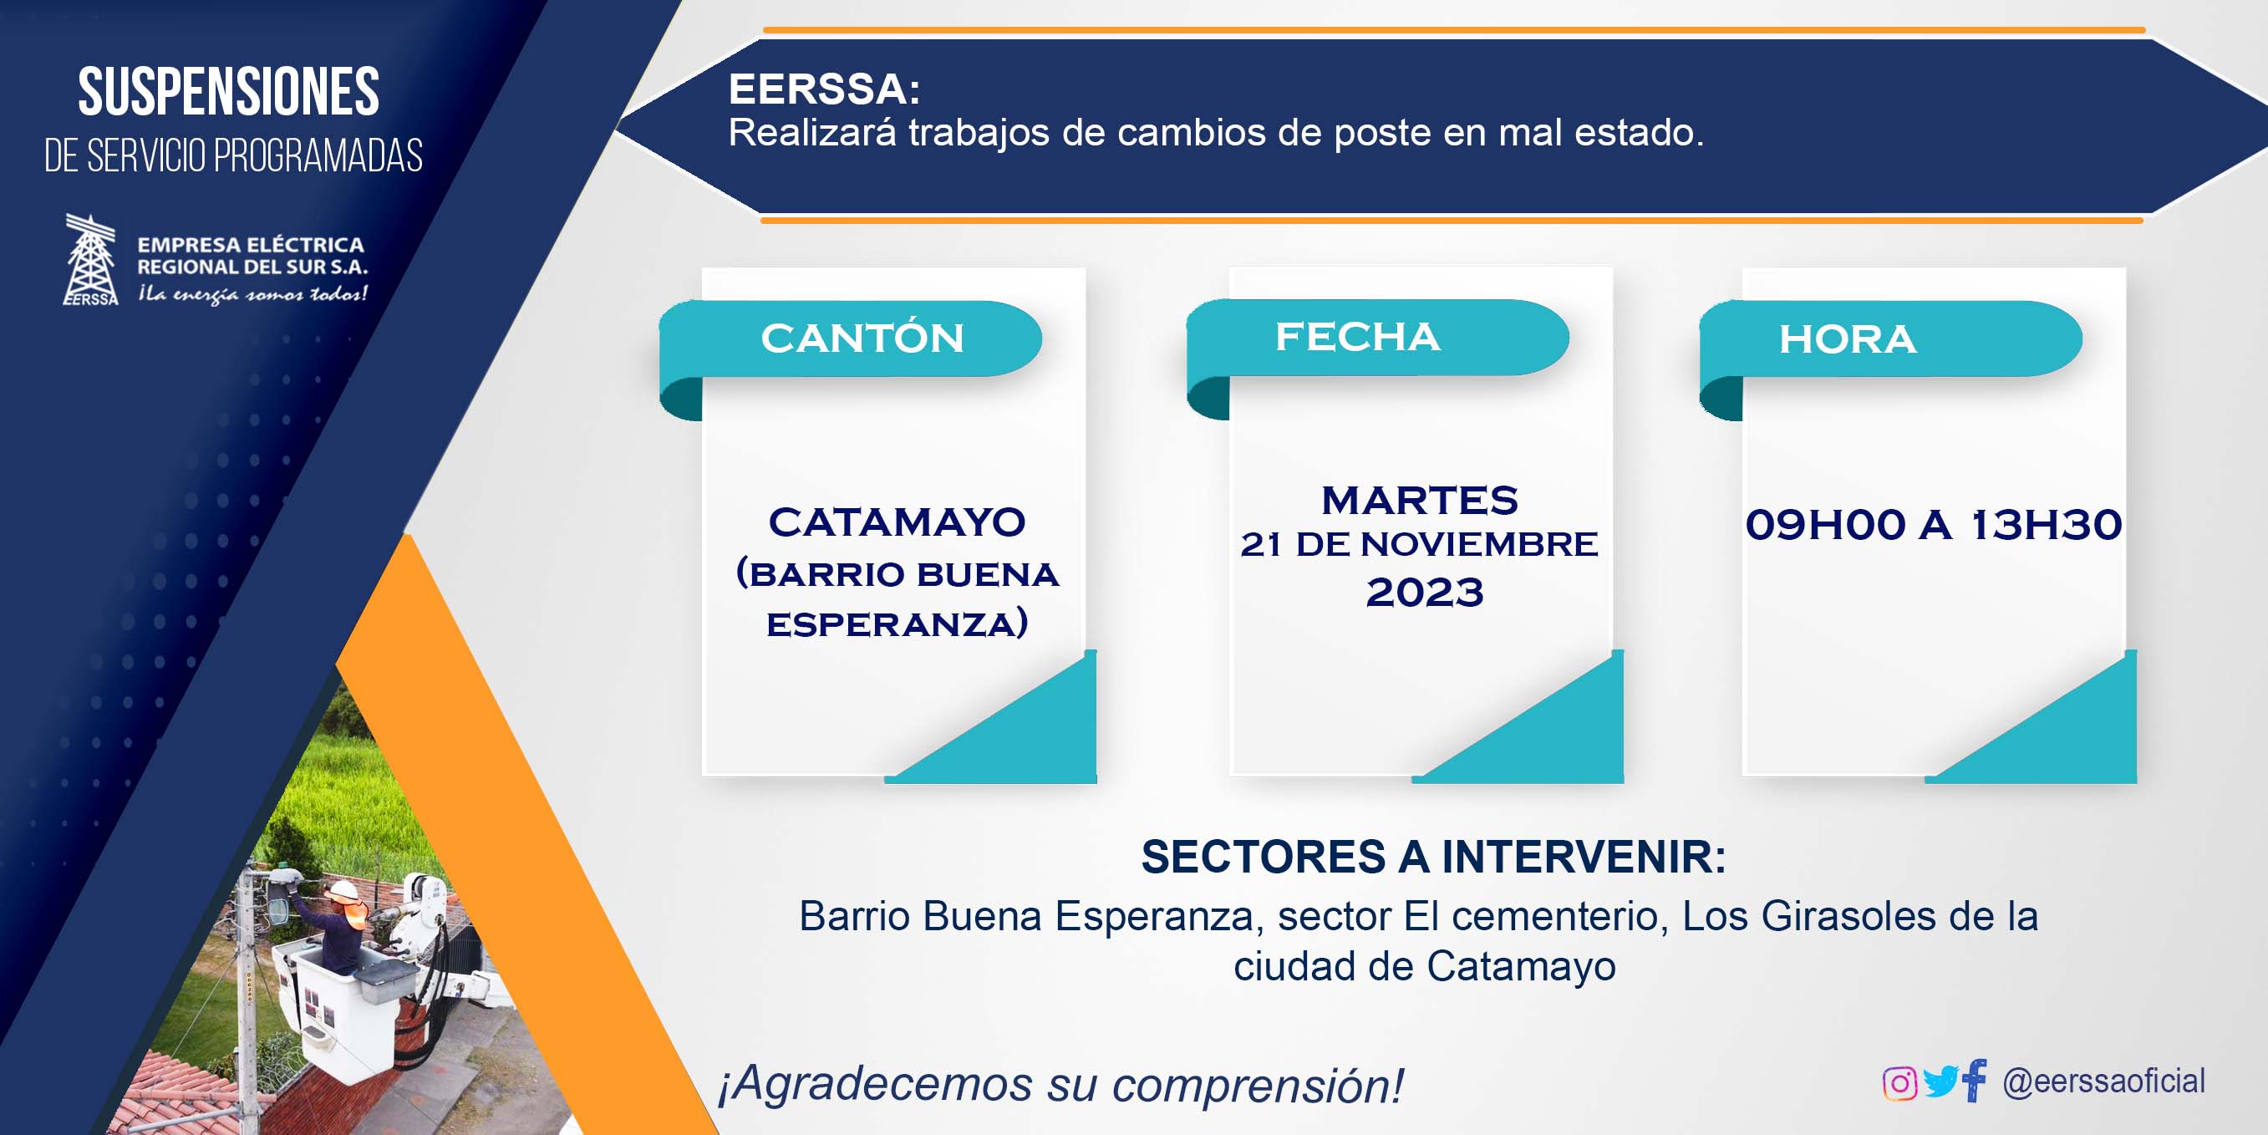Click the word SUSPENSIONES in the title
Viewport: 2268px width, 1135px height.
coord(229,93)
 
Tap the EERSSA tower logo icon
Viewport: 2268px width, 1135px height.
coord(91,260)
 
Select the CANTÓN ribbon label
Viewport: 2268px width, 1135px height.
coord(862,339)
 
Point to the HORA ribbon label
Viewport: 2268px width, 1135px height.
coord(1847,340)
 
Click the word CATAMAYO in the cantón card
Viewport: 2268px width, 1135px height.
coord(898,522)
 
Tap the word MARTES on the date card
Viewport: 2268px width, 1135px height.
coord(1420,500)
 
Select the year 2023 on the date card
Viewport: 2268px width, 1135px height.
coord(1425,593)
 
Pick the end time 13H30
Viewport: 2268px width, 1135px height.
coord(2046,525)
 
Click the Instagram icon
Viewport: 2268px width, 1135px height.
coord(1899,1083)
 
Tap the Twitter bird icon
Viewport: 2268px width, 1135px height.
coord(1940,1082)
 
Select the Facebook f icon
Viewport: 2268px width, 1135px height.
coord(1975,1080)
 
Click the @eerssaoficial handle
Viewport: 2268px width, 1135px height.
coord(2104,1082)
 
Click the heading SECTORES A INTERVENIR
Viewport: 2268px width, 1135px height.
coord(1433,857)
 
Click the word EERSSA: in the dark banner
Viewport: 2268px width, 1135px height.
coord(824,89)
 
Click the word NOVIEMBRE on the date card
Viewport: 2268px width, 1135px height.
coord(1479,544)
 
